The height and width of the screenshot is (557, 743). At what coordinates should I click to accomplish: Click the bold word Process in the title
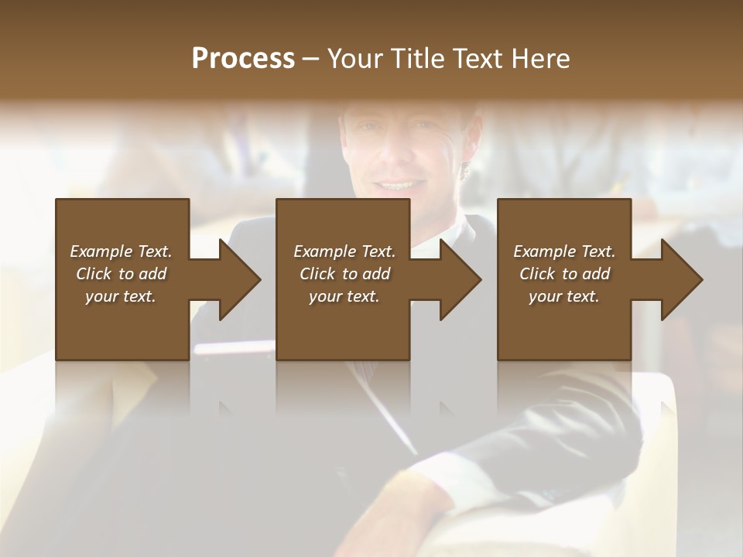(243, 59)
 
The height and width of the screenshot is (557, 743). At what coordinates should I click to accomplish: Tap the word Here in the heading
(540, 59)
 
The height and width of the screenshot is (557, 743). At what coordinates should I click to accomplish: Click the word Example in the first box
(101, 251)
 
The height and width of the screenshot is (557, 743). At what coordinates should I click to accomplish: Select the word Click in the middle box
(317, 274)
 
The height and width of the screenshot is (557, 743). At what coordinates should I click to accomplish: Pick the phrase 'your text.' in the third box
(563, 296)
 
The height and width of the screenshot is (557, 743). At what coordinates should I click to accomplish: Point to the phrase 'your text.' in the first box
(120, 296)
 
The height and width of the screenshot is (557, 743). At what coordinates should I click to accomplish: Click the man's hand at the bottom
(410, 511)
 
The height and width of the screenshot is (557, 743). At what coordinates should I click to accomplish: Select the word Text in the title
(479, 59)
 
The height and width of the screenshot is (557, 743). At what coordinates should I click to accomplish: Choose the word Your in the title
(354, 59)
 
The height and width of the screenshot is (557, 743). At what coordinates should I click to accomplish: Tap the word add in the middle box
(376, 274)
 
